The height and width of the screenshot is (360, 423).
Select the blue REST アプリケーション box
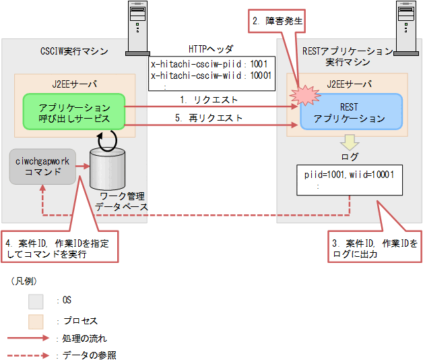(x=353, y=113)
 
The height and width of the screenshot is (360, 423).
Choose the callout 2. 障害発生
(x=278, y=22)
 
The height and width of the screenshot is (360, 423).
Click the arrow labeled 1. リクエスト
(x=209, y=107)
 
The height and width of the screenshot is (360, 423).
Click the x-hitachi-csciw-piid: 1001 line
(x=211, y=65)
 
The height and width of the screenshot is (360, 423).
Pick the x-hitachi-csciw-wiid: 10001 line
(x=211, y=76)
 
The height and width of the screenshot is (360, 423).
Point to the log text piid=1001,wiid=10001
(x=349, y=174)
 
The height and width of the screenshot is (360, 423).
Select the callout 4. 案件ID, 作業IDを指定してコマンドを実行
(x=57, y=248)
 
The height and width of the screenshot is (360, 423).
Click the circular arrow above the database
(x=108, y=140)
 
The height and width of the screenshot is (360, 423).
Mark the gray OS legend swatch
(x=38, y=300)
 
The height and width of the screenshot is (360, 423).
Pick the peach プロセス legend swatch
(x=38, y=319)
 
